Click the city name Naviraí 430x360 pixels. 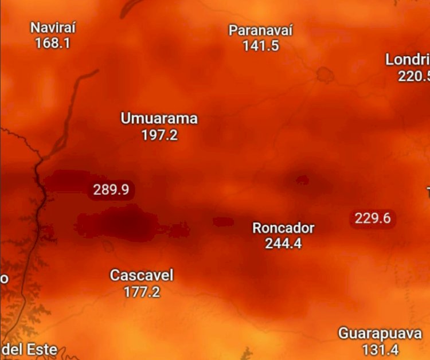[x=53, y=28]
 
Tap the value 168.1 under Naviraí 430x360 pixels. [x=53, y=42]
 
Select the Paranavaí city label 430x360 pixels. [x=261, y=30]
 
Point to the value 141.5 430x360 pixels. [x=261, y=46]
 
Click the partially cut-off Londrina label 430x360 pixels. [x=408, y=60]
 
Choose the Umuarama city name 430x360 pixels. [x=159, y=119]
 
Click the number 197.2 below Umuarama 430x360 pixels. [x=159, y=135]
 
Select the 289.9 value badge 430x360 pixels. [x=111, y=189]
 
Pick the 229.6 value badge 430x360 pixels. [x=372, y=218]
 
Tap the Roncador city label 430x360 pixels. [x=283, y=228]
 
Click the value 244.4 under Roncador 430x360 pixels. [x=283, y=243]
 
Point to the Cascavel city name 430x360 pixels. [x=141, y=276]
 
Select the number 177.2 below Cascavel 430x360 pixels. [x=142, y=291]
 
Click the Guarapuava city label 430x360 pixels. [x=380, y=334]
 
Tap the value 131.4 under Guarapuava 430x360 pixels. [x=380, y=349]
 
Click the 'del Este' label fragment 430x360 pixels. [x=30, y=349]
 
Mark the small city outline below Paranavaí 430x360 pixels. [x=325, y=74]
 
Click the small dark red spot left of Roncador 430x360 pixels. [x=223, y=221]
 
